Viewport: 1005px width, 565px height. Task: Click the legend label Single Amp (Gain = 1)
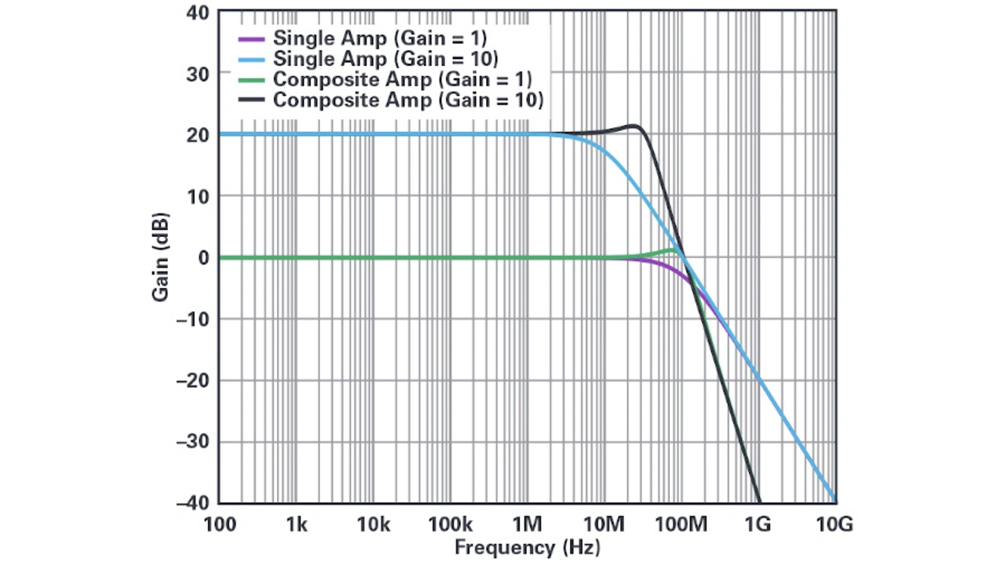tap(380, 38)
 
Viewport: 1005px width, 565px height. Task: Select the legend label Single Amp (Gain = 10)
tap(386, 59)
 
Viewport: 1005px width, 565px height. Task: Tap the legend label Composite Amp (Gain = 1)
tap(403, 79)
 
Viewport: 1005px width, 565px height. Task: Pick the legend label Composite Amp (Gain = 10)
tap(408, 100)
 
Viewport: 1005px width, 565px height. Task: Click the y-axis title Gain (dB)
tap(161, 257)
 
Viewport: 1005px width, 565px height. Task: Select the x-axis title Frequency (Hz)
tap(527, 548)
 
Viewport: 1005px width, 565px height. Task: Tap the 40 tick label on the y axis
tap(198, 13)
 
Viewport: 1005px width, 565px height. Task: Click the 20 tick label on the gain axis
tap(198, 135)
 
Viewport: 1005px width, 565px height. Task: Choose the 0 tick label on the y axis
tap(203, 257)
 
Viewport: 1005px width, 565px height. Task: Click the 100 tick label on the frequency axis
tap(219, 524)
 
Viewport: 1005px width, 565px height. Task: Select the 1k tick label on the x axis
tap(296, 524)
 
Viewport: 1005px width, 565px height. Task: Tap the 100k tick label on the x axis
tap(450, 524)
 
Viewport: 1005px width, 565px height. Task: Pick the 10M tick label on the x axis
tap(604, 524)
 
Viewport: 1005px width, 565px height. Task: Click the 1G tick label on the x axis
tap(758, 524)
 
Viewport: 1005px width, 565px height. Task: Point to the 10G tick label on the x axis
tap(835, 524)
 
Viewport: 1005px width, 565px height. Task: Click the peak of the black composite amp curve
tap(634, 126)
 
